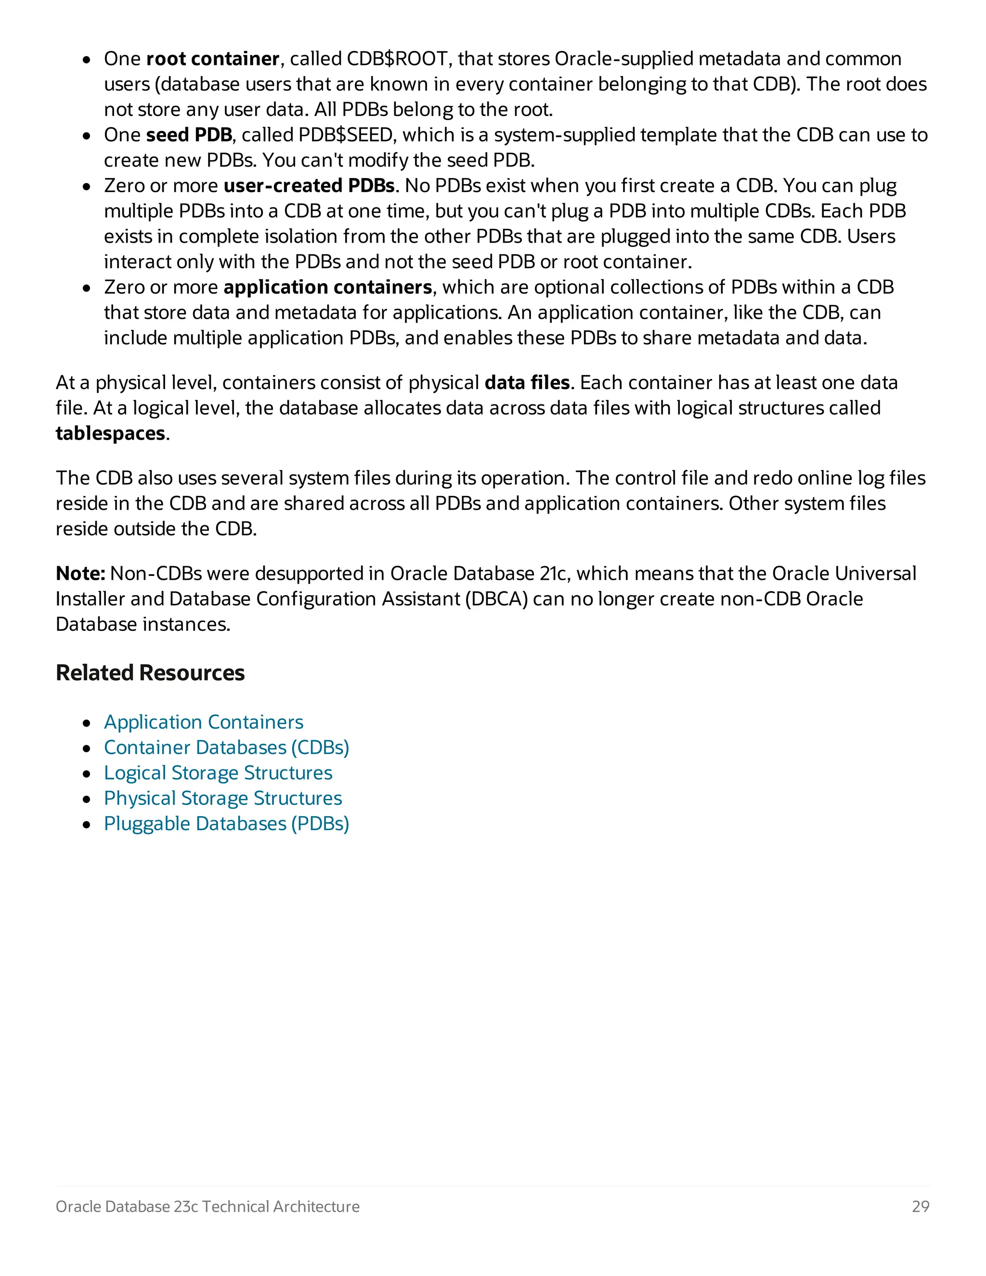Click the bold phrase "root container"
point(213,59)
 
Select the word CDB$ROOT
point(397,59)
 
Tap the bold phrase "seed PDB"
point(189,135)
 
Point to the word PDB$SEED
point(345,135)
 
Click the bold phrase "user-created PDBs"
point(309,186)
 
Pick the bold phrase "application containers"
point(328,287)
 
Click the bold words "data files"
point(527,383)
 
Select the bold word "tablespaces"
point(110,433)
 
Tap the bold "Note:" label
point(80,574)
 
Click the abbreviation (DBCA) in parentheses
point(496,599)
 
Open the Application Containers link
point(203,723)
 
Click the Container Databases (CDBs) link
point(226,748)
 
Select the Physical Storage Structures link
point(222,799)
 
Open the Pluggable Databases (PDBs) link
point(226,824)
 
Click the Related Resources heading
point(150,673)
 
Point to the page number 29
point(920,1207)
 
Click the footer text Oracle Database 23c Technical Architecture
point(208,1207)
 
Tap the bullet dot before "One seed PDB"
point(87,136)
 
